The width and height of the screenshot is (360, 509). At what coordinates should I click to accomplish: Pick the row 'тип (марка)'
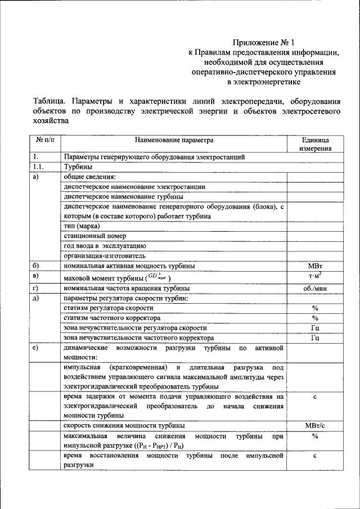pyautogui.click(x=82, y=226)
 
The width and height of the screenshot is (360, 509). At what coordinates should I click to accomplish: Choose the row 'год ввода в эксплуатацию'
pyautogui.click(x=105, y=246)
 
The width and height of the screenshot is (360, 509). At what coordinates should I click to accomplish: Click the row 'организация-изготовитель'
pyautogui.click(x=105, y=256)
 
